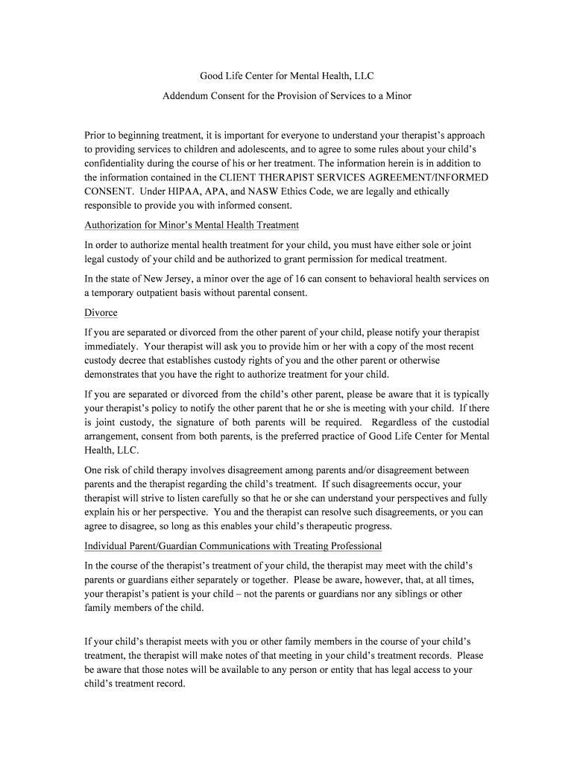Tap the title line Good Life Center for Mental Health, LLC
(x=287, y=75)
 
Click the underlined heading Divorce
(x=101, y=312)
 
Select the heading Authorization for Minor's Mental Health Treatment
(x=192, y=224)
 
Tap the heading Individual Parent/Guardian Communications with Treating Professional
(x=233, y=546)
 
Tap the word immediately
(x=111, y=346)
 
